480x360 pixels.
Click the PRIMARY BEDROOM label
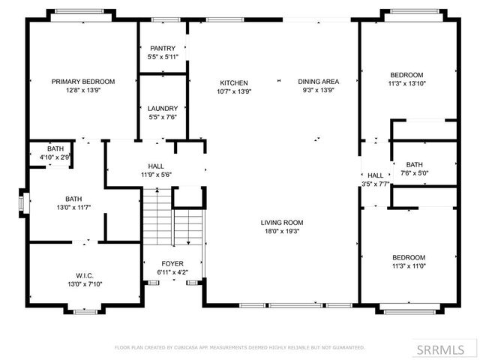pos(82,82)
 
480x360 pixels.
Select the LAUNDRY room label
pos(162,108)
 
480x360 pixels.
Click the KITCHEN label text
pos(233,82)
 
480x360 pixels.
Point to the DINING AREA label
pos(319,82)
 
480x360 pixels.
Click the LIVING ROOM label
pos(282,223)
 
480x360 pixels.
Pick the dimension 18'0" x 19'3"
pos(282,232)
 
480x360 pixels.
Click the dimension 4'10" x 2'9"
pos(55,157)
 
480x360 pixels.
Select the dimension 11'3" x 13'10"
pos(406,83)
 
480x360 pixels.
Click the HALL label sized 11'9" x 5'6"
pos(156,166)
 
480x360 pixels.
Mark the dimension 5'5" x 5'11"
pos(162,57)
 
